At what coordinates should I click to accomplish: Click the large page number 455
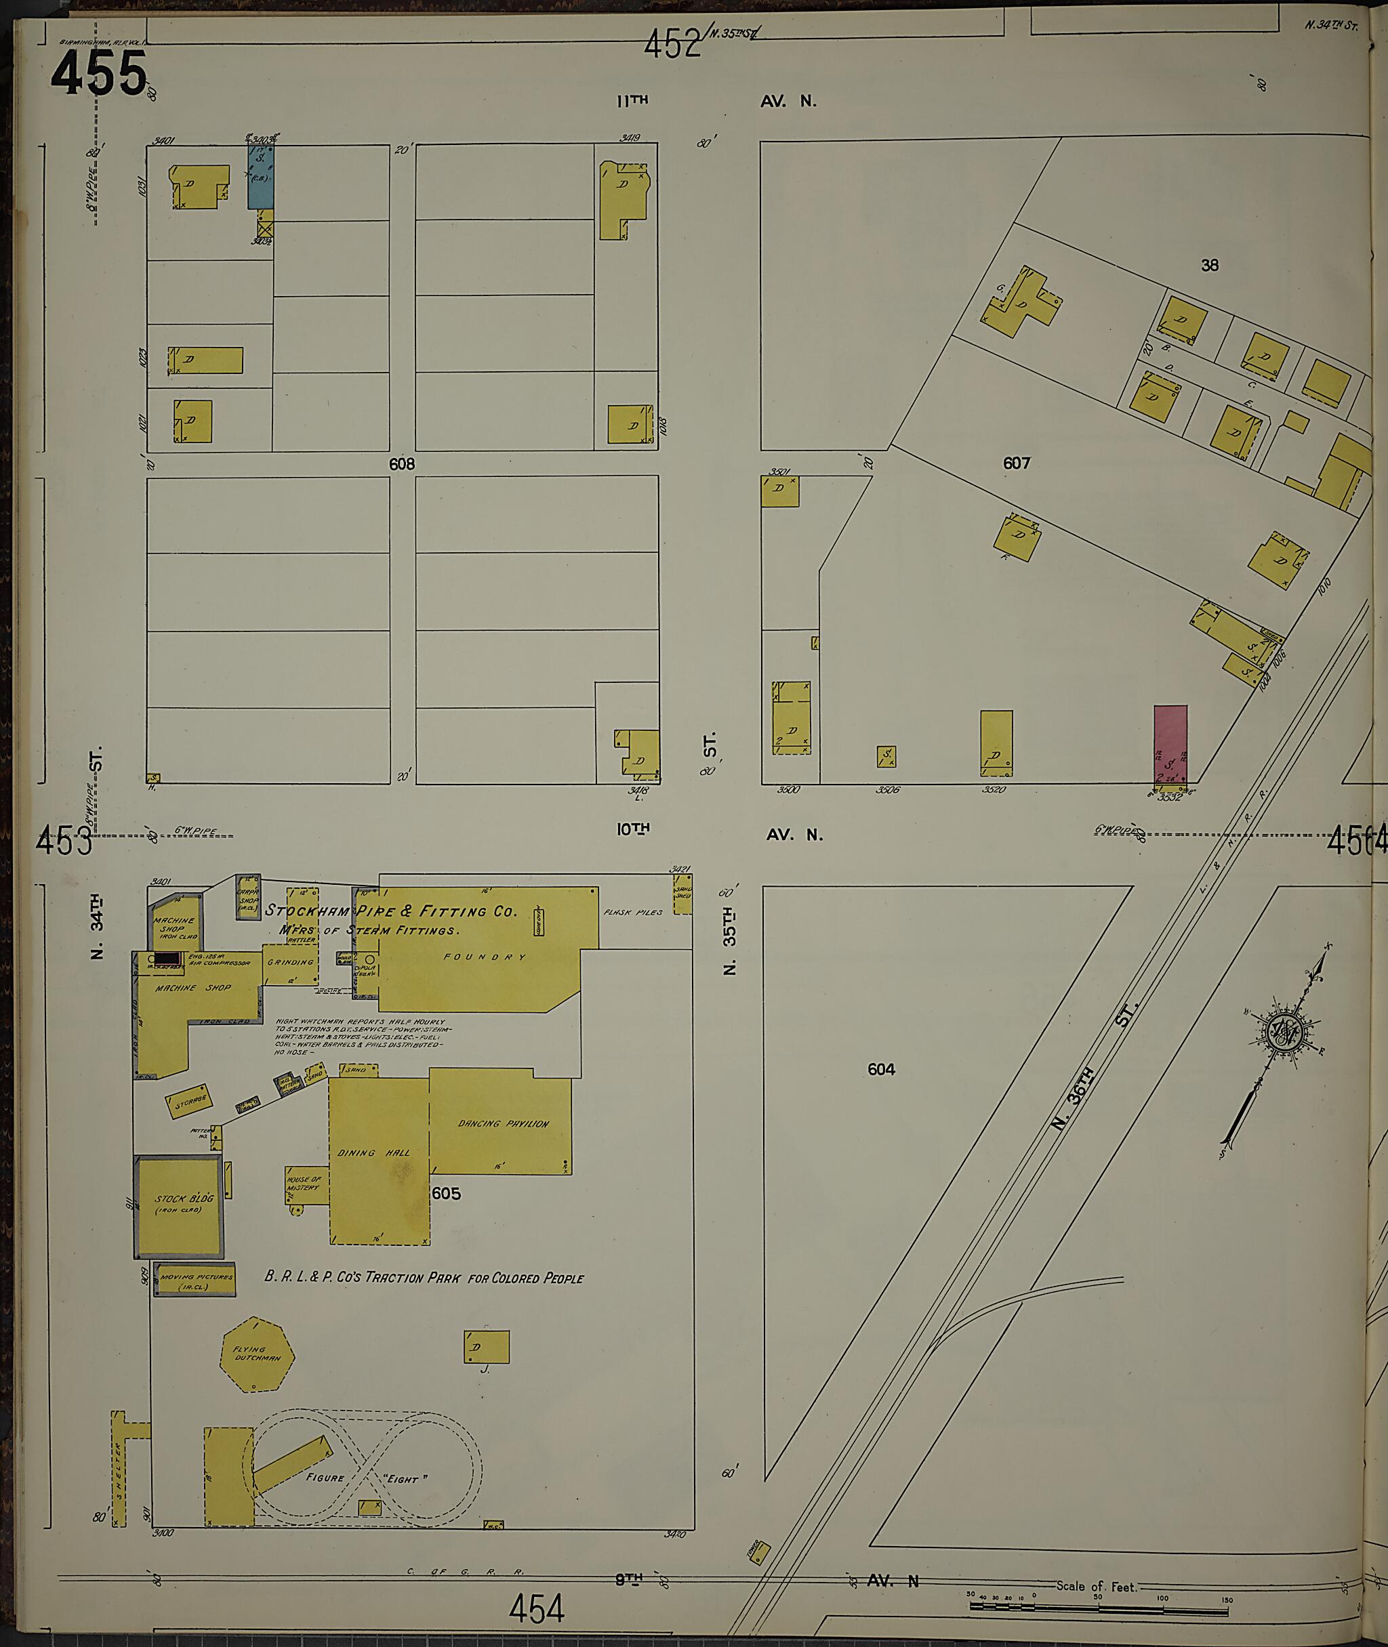click(x=99, y=73)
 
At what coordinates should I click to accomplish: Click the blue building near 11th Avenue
click(x=260, y=177)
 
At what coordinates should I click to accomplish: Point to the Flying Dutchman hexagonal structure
click(x=258, y=1354)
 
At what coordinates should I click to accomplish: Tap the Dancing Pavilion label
click(x=503, y=1124)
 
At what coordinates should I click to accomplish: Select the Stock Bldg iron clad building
click(x=179, y=1205)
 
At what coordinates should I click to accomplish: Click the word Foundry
click(x=485, y=957)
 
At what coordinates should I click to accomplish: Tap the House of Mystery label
click(x=304, y=1184)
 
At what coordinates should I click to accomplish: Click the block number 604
click(x=881, y=1069)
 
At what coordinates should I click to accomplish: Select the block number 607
click(x=1016, y=463)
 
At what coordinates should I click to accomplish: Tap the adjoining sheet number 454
click(x=537, y=1608)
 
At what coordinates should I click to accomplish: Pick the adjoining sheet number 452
click(x=671, y=44)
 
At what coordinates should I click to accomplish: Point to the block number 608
click(x=401, y=464)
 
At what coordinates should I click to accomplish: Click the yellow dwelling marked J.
click(x=486, y=1347)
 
